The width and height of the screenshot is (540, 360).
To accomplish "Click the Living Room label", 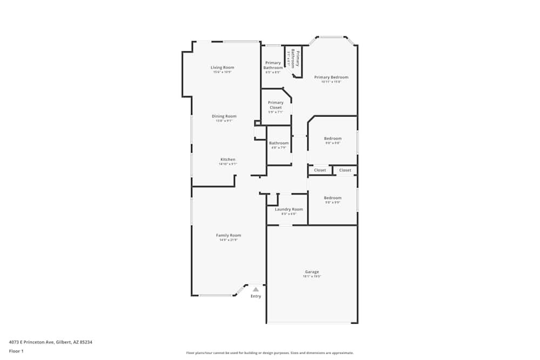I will tap(222, 67).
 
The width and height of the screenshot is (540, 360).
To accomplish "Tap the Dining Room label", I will tap(224, 116).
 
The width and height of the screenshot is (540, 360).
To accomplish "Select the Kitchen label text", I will tap(227, 159).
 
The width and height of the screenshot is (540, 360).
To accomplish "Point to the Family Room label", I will tap(228, 235).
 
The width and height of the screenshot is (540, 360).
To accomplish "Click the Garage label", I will tap(312, 271).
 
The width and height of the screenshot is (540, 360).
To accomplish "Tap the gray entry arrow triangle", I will tap(256, 289).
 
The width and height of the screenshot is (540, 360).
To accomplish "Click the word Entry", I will tap(256, 296).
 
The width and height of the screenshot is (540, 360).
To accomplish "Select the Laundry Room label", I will tap(289, 209).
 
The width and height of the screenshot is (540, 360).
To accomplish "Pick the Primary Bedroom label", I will tap(331, 77).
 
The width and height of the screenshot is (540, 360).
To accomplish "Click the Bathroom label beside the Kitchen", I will tap(279, 143).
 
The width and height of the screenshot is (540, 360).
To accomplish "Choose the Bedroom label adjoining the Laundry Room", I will tap(333, 198).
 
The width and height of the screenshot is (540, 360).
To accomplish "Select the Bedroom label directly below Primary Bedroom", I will tap(333, 138).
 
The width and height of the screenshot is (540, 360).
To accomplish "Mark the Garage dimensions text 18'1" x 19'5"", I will tap(312, 277).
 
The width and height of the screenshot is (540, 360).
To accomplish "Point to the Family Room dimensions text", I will tap(228, 240).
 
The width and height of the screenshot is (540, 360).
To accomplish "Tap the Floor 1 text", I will tap(16, 351).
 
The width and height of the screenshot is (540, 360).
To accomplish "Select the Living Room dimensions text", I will tap(222, 72).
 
